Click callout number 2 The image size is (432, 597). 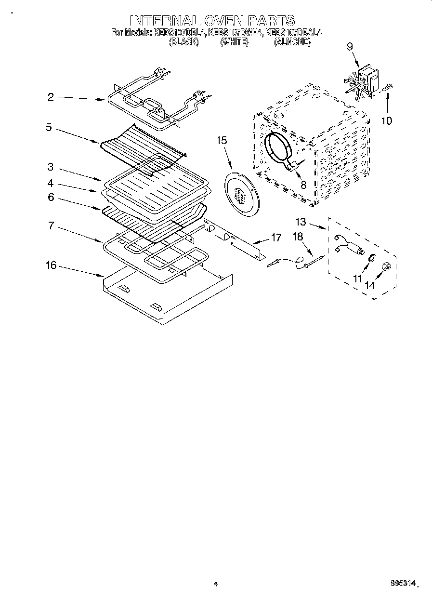(x=50, y=97)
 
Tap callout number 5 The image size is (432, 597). (x=49, y=128)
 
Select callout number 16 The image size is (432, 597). (x=51, y=265)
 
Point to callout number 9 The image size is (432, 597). (x=350, y=46)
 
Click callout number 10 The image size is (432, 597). (x=386, y=120)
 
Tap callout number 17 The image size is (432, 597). (x=276, y=237)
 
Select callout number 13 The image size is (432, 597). (x=301, y=222)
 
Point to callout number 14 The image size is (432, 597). (x=369, y=285)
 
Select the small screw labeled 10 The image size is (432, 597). (x=388, y=88)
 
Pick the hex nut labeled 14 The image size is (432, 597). (x=386, y=266)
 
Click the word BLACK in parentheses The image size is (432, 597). (x=183, y=42)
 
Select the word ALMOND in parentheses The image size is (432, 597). (x=292, y=42)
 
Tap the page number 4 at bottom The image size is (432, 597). (x=216, y=584)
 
